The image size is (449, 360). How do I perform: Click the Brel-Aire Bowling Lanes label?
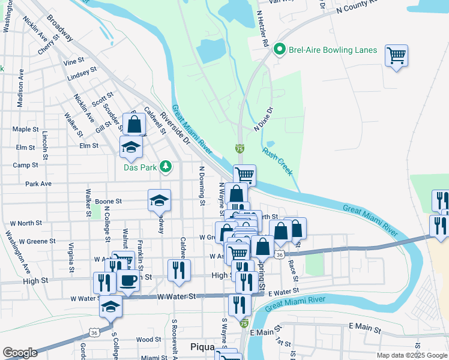333,50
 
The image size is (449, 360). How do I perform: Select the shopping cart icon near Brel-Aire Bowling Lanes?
396,56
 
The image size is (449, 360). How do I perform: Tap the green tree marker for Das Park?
165,167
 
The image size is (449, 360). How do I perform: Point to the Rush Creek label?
277,161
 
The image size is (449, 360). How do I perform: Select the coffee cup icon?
128,280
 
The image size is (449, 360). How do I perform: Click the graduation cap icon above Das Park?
131,146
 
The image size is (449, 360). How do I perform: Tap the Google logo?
19,353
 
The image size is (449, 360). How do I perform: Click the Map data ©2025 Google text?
411,355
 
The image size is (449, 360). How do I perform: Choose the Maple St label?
25,129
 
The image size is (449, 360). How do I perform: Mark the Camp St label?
25,165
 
